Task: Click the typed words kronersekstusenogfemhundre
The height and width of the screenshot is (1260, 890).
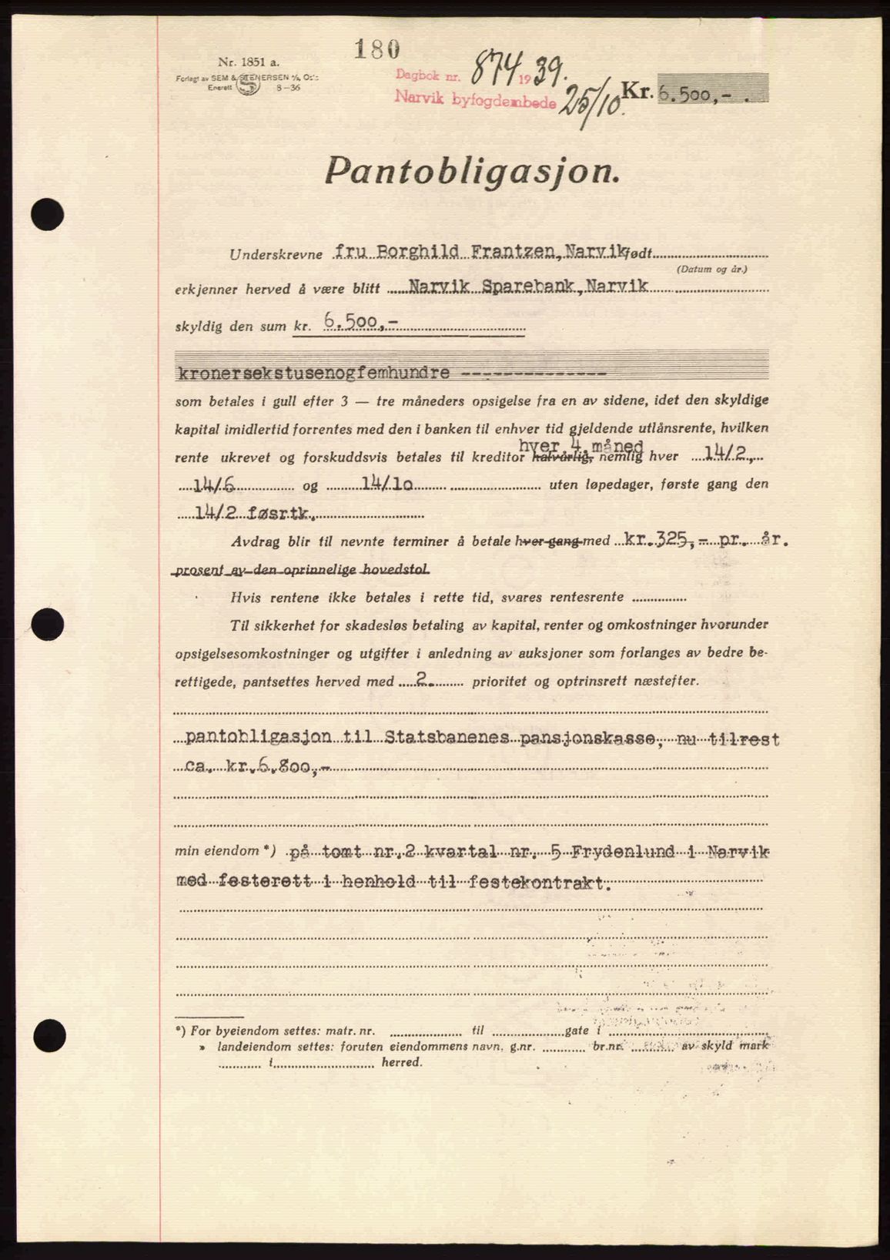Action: click(313, 374)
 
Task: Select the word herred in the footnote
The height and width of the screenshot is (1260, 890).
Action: click(402, 1062)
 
